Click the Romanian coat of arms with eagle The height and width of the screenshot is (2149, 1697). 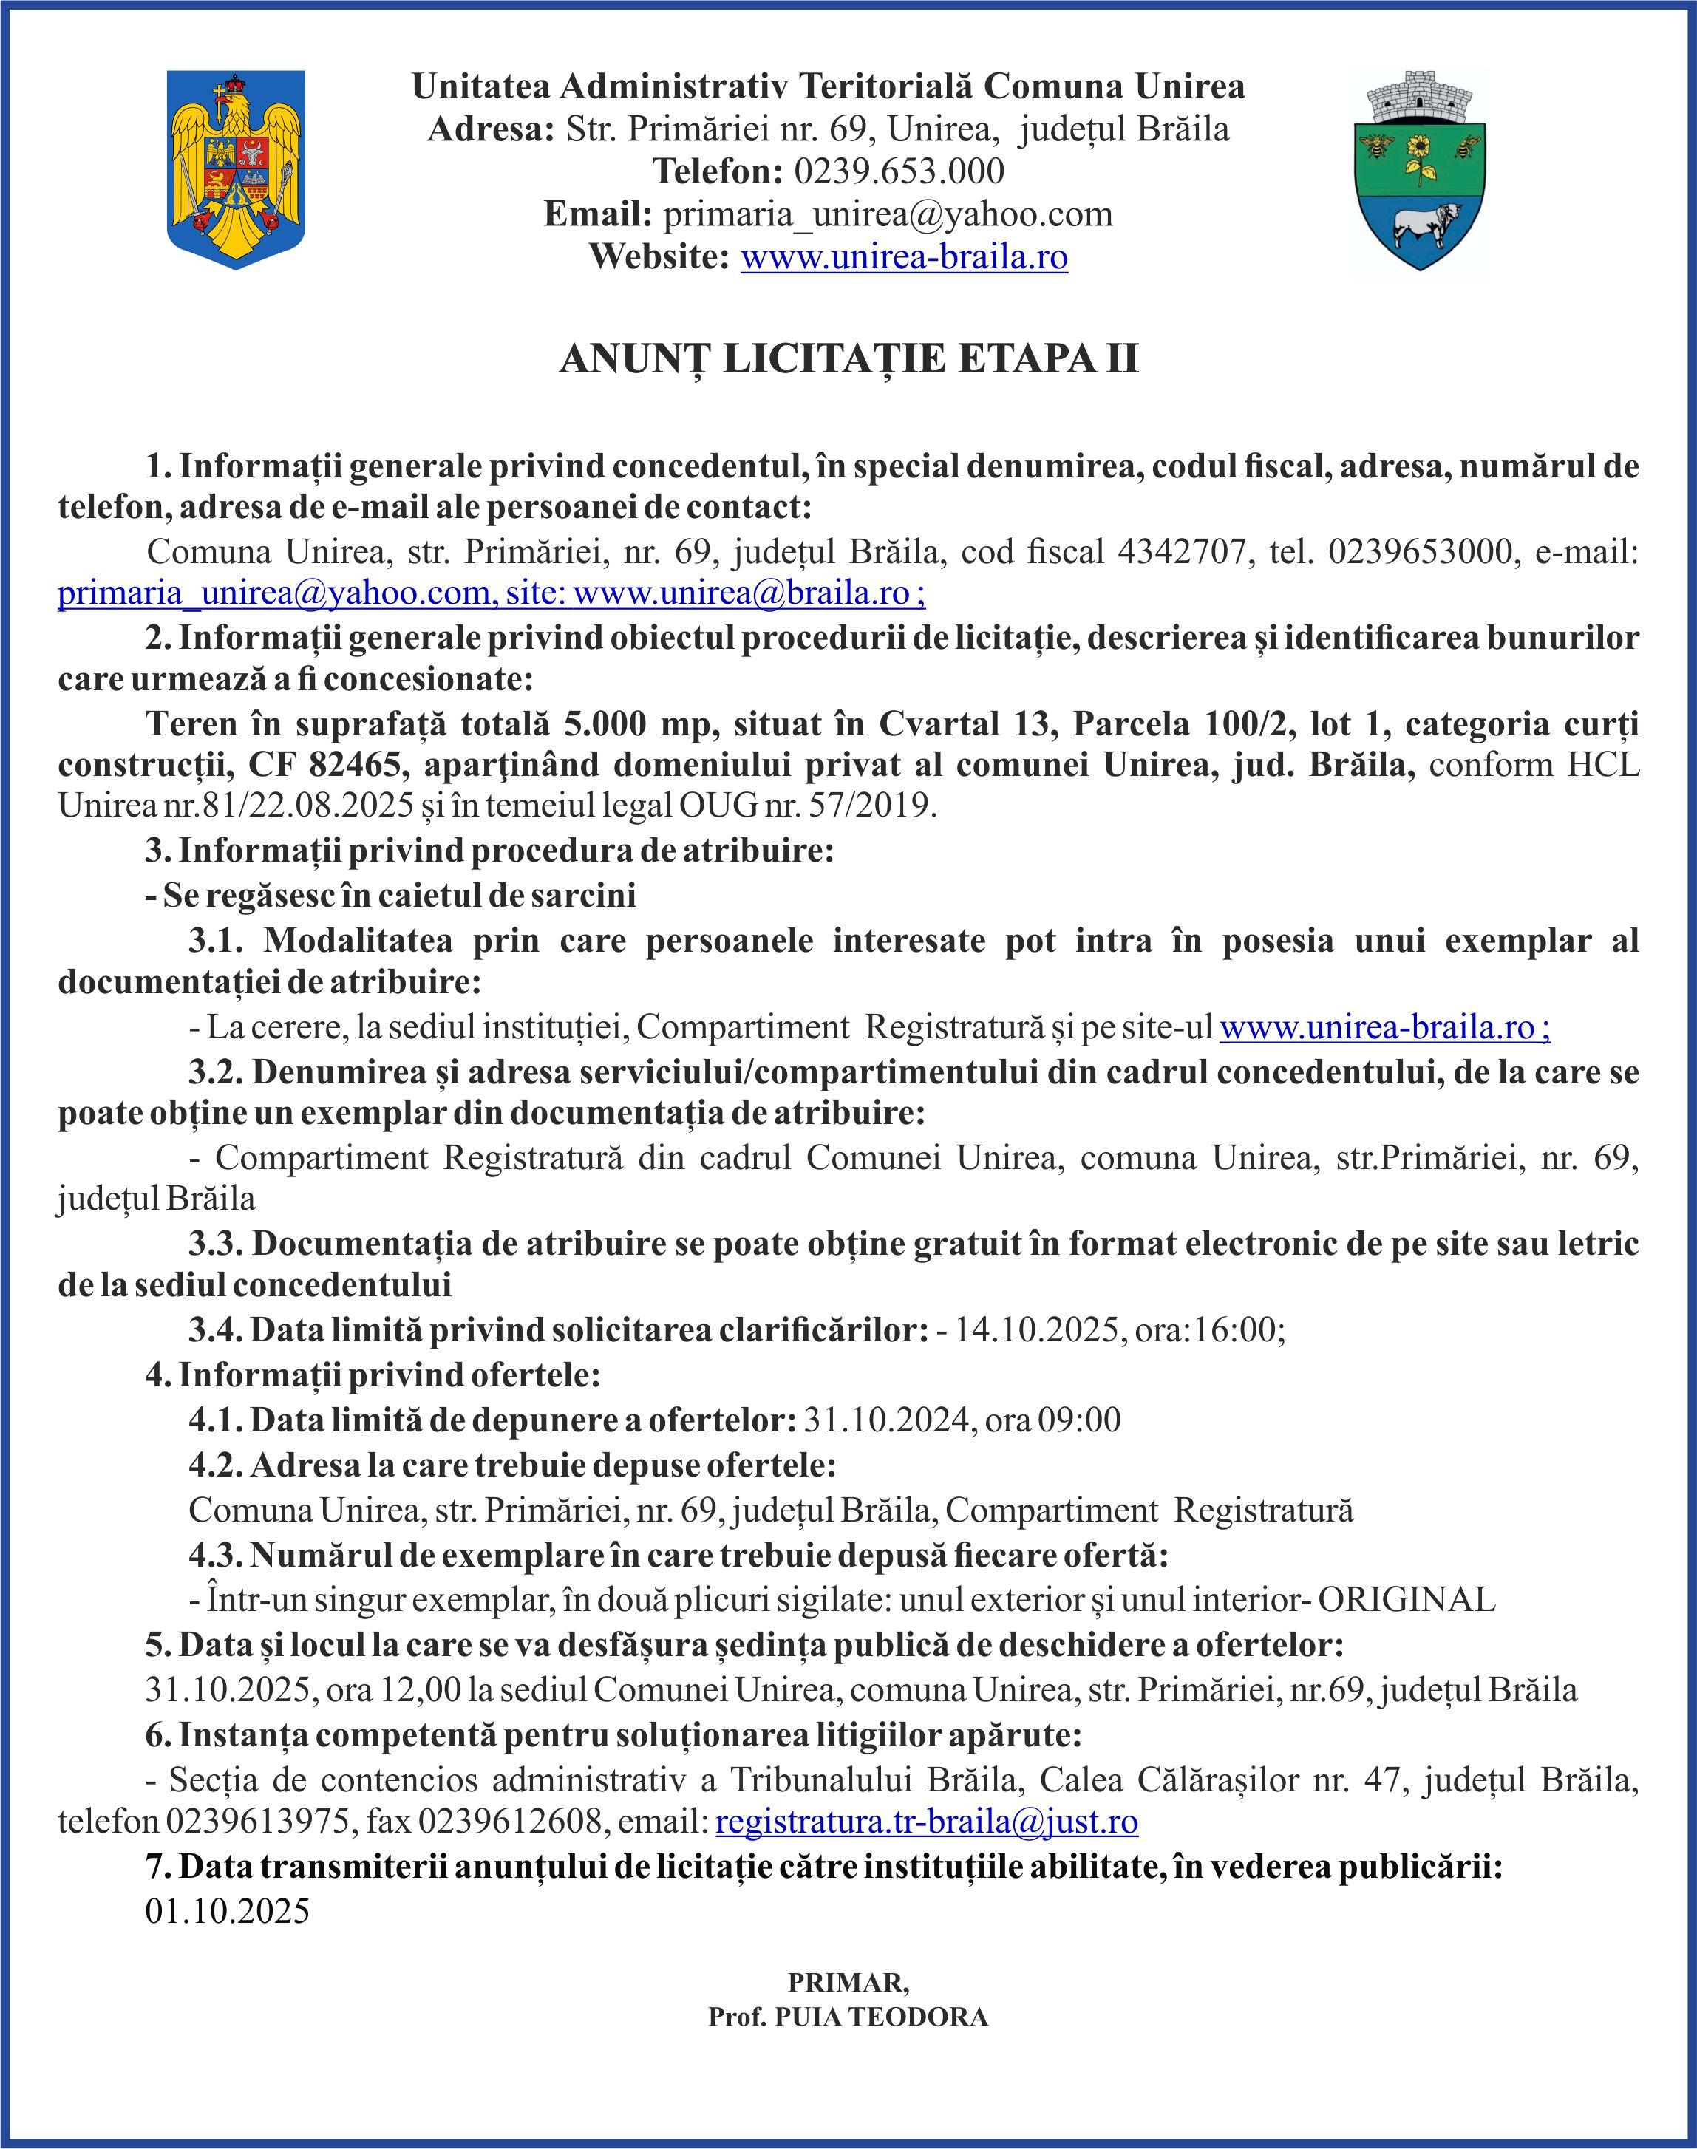click(x=236, y=169)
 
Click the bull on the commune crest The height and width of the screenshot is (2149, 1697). click(x=1426, y=227)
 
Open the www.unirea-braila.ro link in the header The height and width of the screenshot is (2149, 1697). click(x=903, y=257)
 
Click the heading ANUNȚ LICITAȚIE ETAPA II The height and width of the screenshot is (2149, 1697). click(x=848, y=358)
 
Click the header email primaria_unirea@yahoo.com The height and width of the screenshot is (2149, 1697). click(x=887, y=214)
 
